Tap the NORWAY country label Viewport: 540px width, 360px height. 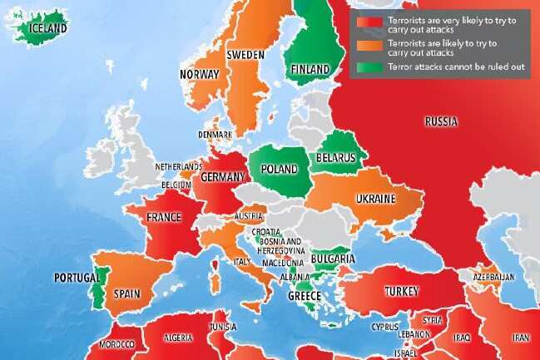click(200, 74)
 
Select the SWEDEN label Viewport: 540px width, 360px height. click(245, 55)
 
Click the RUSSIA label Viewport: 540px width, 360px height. click(440, 121)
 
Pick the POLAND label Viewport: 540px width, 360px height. click(280, 169)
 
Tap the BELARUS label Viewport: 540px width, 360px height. click(335, 157)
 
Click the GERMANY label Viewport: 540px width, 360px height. click(224, 177)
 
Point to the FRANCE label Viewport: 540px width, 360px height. click(164, 218)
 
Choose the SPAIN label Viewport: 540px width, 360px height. click(126, 293)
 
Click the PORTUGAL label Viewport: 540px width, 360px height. click(77, 277)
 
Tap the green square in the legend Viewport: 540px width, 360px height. click(364, 66)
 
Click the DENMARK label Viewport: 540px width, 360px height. click(216, 135)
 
